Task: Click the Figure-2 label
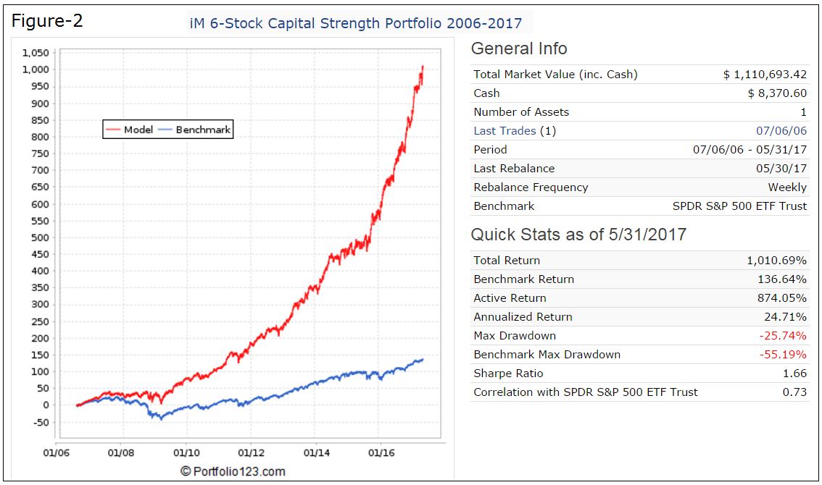coord(47,21)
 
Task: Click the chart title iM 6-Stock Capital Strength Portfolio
coord(355,23)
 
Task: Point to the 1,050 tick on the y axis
coord(36,53)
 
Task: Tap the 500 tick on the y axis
coord(40,237)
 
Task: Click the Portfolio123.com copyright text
coord(233,472)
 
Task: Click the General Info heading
coord(519,49)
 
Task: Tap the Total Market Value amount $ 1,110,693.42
coord(765,75)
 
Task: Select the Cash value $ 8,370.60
coord(777,93)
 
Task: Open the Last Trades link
coord(505,131)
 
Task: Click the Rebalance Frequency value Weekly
coord(787,187)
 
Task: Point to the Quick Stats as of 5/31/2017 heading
coord(578,235)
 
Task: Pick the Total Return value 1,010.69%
coord(776,261)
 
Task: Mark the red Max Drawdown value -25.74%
coord(783,336)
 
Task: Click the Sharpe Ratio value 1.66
coord(794,374)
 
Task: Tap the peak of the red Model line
coord(423,67)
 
